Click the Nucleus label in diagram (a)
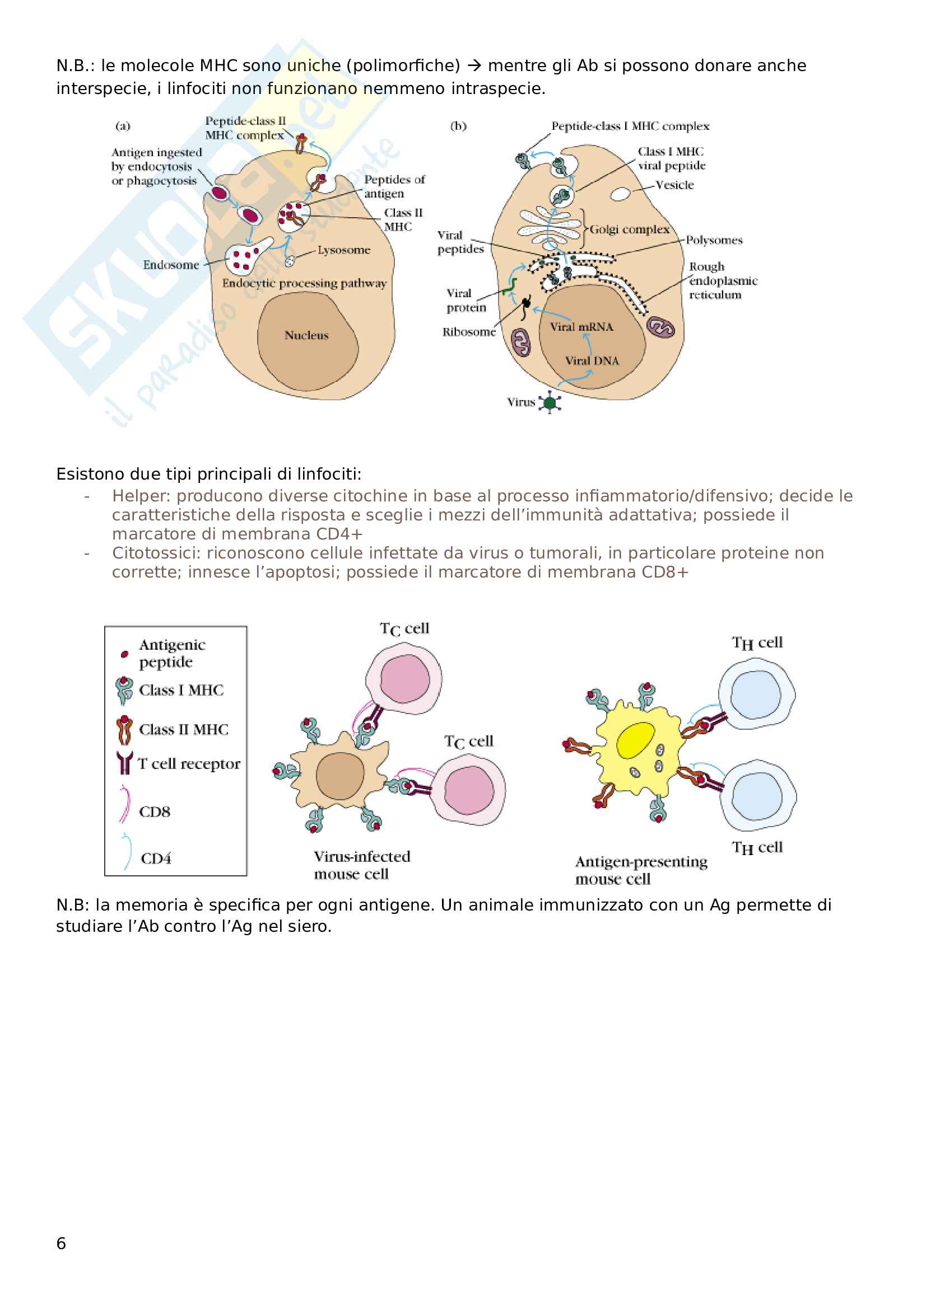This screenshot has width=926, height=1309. pyautogui.click(x=306, y=335)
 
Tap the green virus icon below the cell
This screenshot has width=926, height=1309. pyautogui.click(x=550, y=402)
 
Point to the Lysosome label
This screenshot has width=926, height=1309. pyautogui.click(x=343, y=250)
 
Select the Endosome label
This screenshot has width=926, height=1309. pyautogui.click(x=171, y=265)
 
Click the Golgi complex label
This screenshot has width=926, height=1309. pyautogui.click(x=629, y=229)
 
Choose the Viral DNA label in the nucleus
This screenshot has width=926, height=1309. pyautogui.click(x=592, y=360)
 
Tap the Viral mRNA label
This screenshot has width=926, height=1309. pyautogui.click(x=581, y=327)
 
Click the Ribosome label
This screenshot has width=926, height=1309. pyautogui.click(x=468, y=332)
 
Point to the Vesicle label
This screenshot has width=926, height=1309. pyautogui.click(x=674, y=185)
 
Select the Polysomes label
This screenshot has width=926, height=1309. pyautogui.click(x=714, y=240)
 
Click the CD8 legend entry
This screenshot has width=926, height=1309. pyautogui.click(x=154, y=811)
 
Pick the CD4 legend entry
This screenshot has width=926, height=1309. pyautogui.click(x=156, y=858)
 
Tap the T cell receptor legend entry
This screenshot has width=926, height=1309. pyautogui.click(x=188, y=763)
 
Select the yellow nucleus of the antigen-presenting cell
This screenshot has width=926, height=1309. pyautogui.click(x=635, y=740)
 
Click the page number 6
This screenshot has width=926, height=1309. pyautogui.click(x=61, y=1244)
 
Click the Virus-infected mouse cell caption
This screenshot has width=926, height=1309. pyautogui.click(x=361, y=865)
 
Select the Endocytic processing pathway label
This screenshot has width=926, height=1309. pyautogui.click(x=304, y=283)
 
